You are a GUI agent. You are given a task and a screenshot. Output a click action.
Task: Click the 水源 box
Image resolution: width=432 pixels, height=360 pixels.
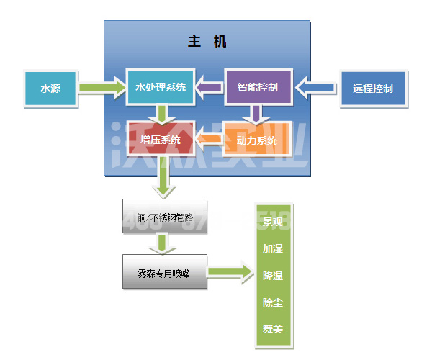click(x=50, y=89)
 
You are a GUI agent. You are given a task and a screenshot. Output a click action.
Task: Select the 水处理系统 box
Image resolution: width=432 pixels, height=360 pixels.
click(x=160, y=88)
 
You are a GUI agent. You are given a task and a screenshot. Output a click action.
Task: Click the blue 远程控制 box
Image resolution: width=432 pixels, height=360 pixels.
click(x=373, y=89)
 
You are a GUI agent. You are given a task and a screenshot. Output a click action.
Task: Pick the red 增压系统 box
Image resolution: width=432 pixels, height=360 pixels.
click(x=160, y=140)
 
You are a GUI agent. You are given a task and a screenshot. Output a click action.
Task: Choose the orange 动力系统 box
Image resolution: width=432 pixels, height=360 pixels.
click(x=257, y=140)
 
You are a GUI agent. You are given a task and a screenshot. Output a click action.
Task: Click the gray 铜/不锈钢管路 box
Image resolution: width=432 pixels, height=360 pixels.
click(x=164, y=216)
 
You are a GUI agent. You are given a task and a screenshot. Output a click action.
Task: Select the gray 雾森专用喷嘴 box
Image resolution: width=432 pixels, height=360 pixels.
click(x=164, y=272)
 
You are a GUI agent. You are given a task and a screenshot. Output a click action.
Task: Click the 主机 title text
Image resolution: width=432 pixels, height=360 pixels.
click(x=207, y=42)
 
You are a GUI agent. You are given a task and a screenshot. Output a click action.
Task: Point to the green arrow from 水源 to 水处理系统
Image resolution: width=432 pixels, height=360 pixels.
click(x=101, y=88)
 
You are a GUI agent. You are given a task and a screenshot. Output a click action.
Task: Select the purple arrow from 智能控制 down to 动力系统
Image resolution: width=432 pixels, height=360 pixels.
click(x=253, y=114)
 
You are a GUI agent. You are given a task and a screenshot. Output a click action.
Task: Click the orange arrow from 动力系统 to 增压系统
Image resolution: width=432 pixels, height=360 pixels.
click(x=210, y=140)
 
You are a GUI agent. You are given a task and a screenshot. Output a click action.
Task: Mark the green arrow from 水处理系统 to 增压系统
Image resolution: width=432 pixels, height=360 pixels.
click(x=163, y=114)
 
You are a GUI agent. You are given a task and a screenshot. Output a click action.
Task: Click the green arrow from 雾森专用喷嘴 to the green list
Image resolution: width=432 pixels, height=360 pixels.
click(x=230, y=272)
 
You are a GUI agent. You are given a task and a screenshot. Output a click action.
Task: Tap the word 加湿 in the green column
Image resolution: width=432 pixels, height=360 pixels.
click(x=273, y=248)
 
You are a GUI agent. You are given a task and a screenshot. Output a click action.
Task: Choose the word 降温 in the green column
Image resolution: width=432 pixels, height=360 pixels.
click(x=273, y=276)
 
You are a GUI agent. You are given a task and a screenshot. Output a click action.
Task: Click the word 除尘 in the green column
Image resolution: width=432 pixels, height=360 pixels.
click(x=273, y=302)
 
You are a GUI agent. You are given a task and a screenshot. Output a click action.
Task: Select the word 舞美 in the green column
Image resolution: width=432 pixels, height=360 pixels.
click(x=273, y=329)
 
